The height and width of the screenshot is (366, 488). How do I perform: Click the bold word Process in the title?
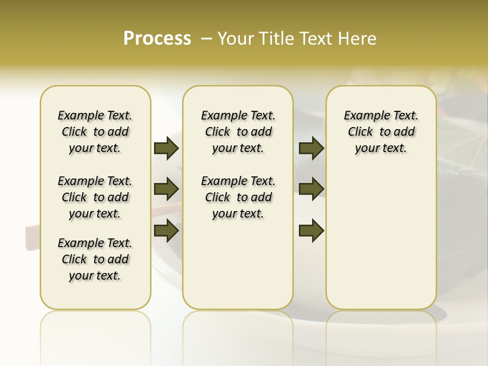pyautogui.click(x=157, y=39)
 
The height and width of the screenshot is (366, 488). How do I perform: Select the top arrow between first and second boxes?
pyautogui.click(x=166, y=148)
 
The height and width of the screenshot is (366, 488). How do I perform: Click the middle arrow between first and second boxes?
pyautogui.click(x=166, y=189)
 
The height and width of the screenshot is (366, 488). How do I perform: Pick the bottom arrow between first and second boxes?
pyautogui.click(x=166, y=231)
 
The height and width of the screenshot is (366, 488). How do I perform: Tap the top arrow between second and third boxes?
pyautogui.click(x=311, y=148)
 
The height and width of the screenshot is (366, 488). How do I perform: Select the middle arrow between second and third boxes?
pyautogui.click(x=311, y=189)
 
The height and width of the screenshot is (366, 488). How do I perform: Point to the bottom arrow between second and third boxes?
pyautogui.click(x=311, y=231)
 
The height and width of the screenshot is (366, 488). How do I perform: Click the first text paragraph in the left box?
pyautogui.click(x=95, y=132)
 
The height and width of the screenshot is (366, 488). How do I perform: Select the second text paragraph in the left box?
pyautogui.click(x=95, y=197)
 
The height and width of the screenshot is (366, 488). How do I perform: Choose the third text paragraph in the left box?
pyautogui.click(x=95, y=259)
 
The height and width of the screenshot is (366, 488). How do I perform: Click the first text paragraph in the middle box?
pyautogui.click(x=238, y=132)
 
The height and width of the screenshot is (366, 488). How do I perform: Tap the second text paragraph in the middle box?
pyautogui.click(x=238, y=197)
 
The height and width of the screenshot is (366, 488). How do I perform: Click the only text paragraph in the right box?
pyautogui.click(x=381, y=132)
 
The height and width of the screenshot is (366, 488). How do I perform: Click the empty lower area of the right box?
pyautogui.click(x=381, y=244)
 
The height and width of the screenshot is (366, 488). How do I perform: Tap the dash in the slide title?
pyautogui.click(x=206, y=39)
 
